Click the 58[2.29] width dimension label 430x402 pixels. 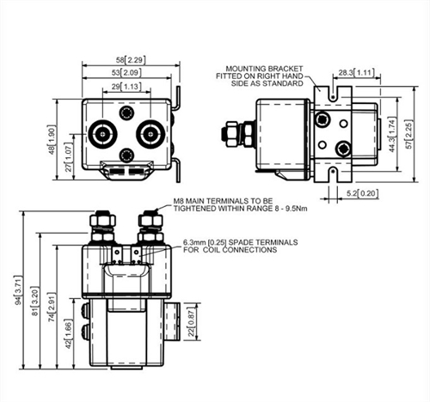click(131, 60)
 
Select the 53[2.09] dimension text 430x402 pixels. click(126, 72)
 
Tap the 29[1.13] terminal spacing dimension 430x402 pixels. click(126, 87)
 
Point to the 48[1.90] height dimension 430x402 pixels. click(52, 140)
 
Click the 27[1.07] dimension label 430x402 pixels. click(69, 156)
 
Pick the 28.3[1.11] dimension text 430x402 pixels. click(357, 72)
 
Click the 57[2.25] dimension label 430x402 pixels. click(409, 134)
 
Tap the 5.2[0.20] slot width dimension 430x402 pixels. click(362, 193)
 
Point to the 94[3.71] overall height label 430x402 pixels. click(18, 290)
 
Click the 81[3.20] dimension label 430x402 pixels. click(35, 301)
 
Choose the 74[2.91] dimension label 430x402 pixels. click(52, 307)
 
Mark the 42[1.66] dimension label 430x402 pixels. click(69, 333)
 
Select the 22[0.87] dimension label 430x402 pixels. click(191, 322)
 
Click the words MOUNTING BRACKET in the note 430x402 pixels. click(264, 69)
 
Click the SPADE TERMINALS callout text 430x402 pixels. click(262, 242)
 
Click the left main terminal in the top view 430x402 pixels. click(102, 134)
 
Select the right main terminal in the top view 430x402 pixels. click(150, 134)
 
